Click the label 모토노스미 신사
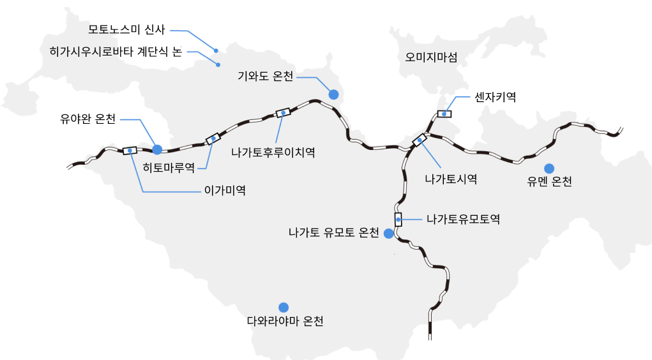click(126, 29)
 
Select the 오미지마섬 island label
click(432, 57)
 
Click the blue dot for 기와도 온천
click(333, 94)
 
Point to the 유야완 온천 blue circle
click(157, 149)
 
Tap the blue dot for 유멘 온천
click(549, 168)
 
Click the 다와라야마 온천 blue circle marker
click(284, 307)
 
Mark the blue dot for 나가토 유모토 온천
click(388, 234)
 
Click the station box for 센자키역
click(444, 114)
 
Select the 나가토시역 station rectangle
click(420, 139)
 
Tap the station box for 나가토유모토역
click(398, 220)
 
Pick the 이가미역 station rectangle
click(130, 150)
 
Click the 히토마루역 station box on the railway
click(213, 139)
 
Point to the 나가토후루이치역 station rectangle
click(282, 112)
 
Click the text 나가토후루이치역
click(273, 153)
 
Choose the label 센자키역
click(495, 97)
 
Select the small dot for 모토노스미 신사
click(216, 50)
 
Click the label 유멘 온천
click(549, 182)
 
